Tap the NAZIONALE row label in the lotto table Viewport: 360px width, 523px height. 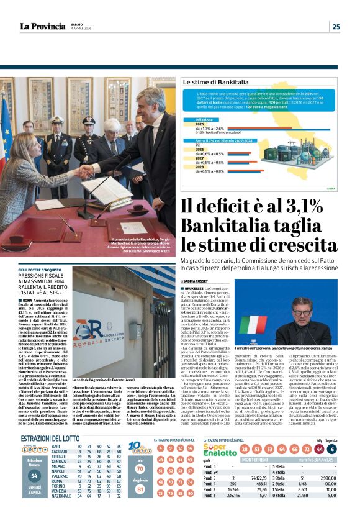61,513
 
